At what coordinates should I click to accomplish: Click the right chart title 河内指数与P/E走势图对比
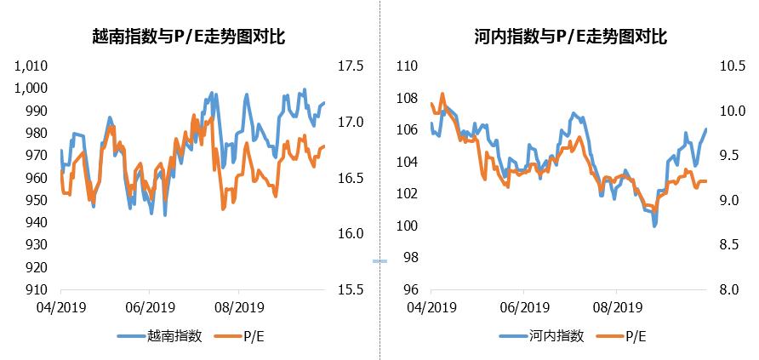pos(568,36)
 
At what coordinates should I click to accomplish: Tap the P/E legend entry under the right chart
pos(634,336)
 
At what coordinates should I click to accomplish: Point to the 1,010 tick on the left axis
pos(31,66)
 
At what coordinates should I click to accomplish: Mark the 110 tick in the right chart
pos(407,66)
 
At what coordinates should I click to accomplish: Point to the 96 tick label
pos(410,289)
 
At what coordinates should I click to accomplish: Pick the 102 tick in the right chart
pos(407,193)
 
